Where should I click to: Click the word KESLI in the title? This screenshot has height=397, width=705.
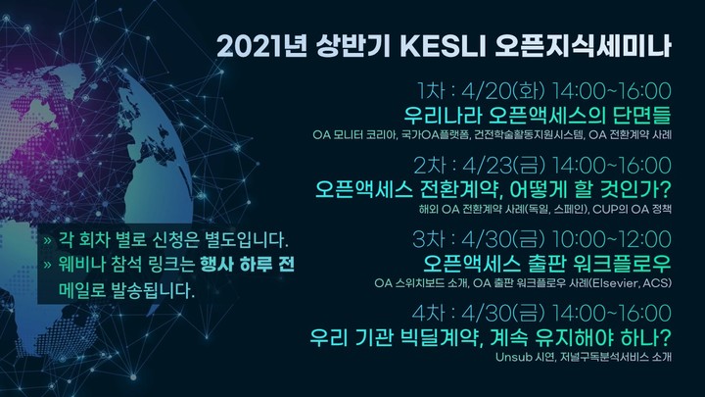click(x=443, y=46)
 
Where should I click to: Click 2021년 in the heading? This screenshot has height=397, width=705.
click(x=261, y=46)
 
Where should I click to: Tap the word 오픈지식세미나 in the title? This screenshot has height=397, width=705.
click(x=584, y=46)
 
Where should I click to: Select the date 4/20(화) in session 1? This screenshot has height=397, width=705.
click(x=503, y=91)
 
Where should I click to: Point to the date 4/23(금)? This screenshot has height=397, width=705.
click(x=503, y=166)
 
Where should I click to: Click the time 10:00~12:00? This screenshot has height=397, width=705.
click(x=611, y=239)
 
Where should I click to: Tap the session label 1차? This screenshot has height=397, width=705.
click(x=431, y=91)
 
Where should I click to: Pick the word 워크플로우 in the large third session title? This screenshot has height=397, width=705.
click(x=623, y=264)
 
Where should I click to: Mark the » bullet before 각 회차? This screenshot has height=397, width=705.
click(x=48, y=240)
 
